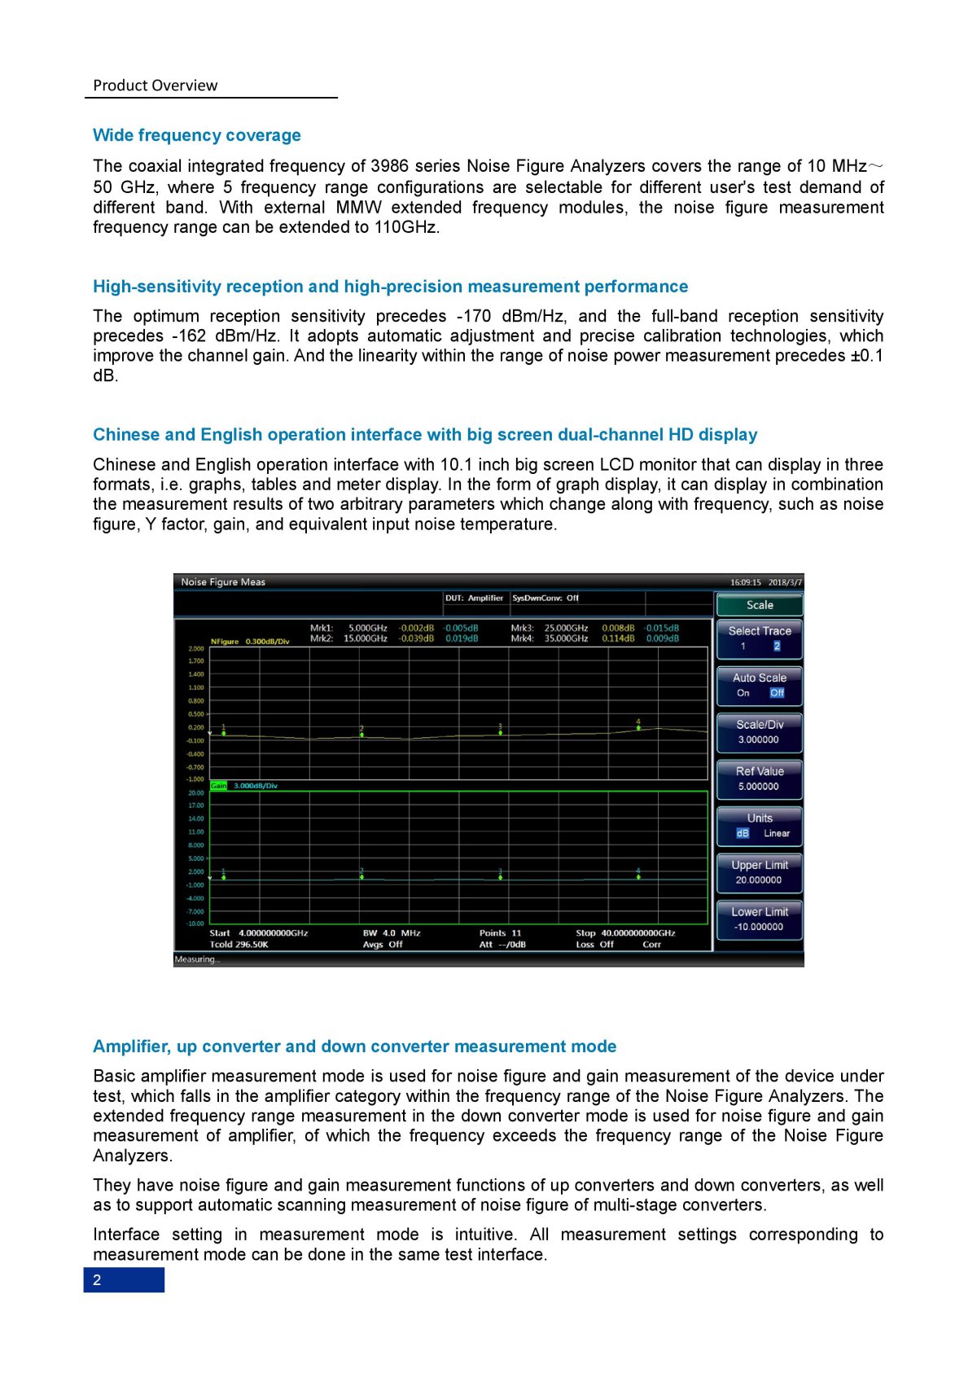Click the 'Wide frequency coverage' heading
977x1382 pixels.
(x=196, y=135)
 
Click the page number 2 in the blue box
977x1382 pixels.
(x=97, y=1279)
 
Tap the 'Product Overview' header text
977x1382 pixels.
(x=155, y=86)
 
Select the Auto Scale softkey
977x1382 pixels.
(x=759, y=685)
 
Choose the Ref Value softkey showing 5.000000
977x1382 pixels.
(x=759, y=779)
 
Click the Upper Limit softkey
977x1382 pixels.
(x=759, y=872)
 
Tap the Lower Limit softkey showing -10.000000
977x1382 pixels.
(x=759, y=919)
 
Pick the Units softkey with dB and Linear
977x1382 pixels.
(x=759, y=825)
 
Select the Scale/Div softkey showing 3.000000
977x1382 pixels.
(x=759, y=731)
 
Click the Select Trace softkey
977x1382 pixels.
(x=759, y=638)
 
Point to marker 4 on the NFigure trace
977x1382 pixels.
(x=638, y=727)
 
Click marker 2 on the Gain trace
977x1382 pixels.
(x=361, y=877)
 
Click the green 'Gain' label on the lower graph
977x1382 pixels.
(x=218, y=786)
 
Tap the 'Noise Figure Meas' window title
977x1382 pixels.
(x=223, y=582)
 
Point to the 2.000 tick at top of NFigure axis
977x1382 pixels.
(x=196, y=649)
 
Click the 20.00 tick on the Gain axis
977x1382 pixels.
(x=196, y=792)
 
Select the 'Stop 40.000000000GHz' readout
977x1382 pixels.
(x=625, y=933)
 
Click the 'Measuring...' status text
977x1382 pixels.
(x=197, y=959)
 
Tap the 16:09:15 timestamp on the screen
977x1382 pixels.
(x=745, y=582)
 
